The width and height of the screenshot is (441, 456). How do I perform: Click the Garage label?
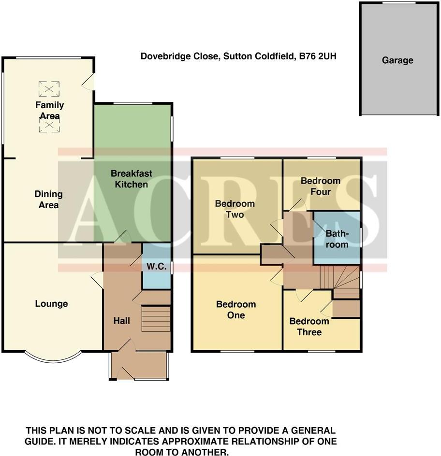(397, 60)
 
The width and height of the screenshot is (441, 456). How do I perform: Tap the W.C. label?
(157, 266)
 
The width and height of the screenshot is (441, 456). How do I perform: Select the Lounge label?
(51, 304)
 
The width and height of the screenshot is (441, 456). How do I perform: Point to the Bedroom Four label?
(320, 186)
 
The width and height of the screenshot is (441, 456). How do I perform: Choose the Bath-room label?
(337, 239)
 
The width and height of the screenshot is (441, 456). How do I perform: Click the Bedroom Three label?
(309, 327)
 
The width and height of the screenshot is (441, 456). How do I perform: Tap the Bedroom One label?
(236, 310)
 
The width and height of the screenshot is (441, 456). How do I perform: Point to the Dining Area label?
(48, 199)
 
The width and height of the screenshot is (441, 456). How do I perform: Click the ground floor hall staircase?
(156, 319)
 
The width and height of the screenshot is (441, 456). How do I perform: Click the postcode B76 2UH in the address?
(317, 57)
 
